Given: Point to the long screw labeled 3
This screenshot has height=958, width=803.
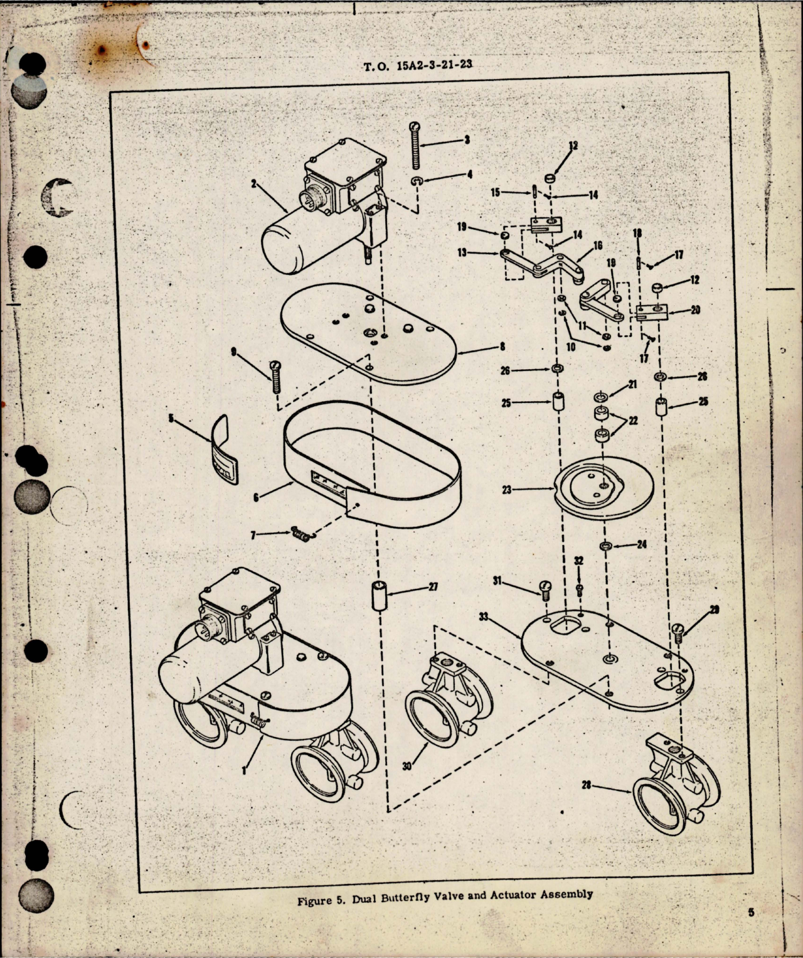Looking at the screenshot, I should coord(415,146).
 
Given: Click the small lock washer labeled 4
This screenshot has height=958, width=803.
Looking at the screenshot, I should coord(418,181).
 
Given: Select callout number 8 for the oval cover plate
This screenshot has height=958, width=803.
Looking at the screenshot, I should coord(503,346).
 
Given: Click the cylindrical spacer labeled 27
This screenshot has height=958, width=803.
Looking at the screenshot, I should coord(379,596).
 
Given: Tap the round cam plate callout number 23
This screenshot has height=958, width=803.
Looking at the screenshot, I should coord(506,490).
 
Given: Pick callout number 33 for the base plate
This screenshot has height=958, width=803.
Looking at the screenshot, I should coord(484,618).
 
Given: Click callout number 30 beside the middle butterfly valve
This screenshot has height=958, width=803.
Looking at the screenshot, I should coord(407,766).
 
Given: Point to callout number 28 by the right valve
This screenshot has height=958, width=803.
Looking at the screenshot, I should coord(587,785).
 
